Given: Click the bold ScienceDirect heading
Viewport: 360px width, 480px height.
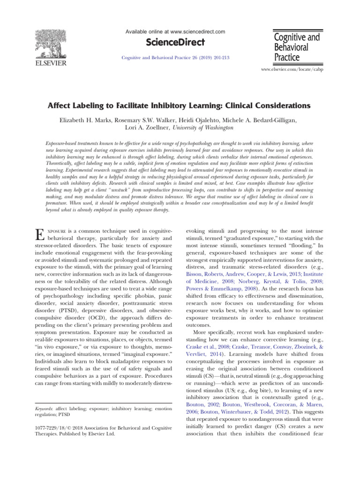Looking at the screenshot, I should [x=175, y=43].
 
